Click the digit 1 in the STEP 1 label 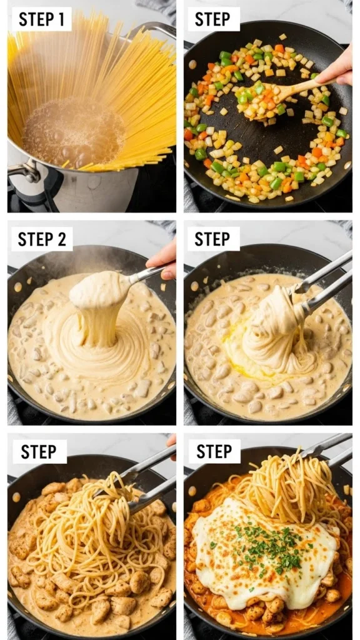[x=60, y=19]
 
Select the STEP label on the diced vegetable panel [x=212, y=19]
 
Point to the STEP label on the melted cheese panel [x=214, y=452]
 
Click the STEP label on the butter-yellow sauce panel [x=212, y=239]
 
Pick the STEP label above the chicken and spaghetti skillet [x=39, y=452]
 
